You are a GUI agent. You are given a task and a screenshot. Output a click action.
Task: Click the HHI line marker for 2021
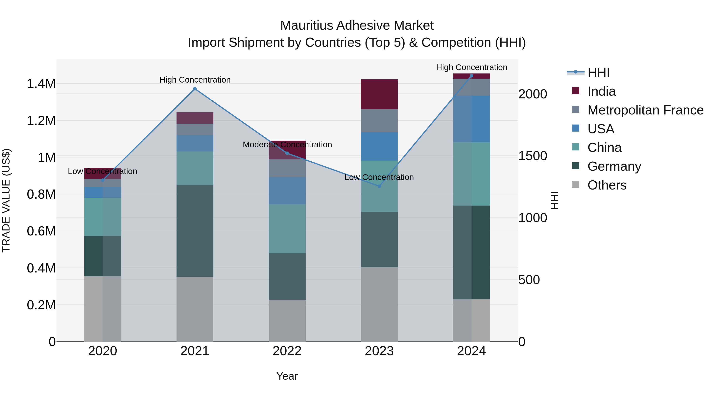pos(195,89)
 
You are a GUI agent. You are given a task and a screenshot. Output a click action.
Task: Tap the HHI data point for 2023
pos(379,186)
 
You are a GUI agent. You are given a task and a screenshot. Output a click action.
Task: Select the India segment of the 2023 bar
pos(379,94)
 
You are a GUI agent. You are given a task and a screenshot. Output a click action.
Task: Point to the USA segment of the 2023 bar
pos(379,146)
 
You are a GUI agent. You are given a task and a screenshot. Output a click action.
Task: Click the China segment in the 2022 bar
pos(287,229)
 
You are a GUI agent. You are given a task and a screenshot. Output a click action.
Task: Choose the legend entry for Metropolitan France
pos(645,110)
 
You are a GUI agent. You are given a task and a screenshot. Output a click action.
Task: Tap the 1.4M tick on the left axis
pos(41,84)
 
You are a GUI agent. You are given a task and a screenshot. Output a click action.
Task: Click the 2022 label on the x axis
pos(287,351)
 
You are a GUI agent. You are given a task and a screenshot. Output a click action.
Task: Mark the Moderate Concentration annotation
pos(287,145)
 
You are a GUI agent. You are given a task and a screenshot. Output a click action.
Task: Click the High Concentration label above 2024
pos(471,67)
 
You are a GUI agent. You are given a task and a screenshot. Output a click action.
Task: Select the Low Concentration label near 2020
pos(102,171)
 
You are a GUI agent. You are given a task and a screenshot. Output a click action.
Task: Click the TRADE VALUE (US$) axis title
pos(6,200)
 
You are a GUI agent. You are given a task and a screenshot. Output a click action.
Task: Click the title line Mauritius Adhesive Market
pos(357,26)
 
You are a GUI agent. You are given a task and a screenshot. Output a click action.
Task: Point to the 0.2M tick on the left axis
pos(41,305)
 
